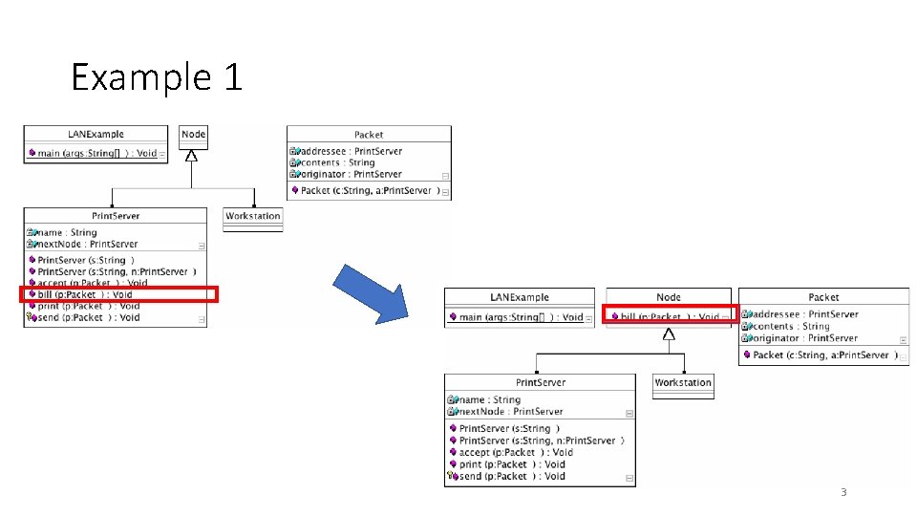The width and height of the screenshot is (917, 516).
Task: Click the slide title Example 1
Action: coord(157,77)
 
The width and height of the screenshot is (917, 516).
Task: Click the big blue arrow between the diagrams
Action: coord(371,291)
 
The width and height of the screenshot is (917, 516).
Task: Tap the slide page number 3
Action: coord(842,492)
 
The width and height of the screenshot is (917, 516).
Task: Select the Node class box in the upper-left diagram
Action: coord(193,135)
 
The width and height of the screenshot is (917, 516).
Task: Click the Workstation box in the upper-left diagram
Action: coord(253,216)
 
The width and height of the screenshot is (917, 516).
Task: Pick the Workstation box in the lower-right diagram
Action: coord(683,382)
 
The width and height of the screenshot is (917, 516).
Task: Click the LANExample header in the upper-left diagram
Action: coord(96,135)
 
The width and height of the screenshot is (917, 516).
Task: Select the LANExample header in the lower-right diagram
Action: coord(519,297)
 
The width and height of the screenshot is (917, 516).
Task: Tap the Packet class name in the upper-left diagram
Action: coord(369,135)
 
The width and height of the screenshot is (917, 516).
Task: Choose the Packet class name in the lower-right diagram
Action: coord(823,297)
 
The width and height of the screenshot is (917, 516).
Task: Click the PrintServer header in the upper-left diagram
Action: coord(115,216)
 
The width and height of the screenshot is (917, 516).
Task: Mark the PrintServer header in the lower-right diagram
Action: coord(540,382)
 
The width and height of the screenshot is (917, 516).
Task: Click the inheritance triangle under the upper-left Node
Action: coord(192,156)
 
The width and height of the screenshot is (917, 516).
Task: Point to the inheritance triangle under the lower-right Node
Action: coord(669,334)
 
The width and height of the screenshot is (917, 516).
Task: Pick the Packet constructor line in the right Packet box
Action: coord(821,355)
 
